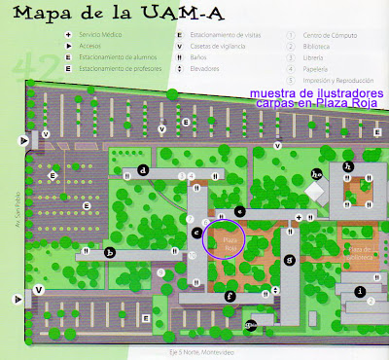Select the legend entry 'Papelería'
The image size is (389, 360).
point(313,68)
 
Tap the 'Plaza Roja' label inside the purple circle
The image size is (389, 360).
point(230,243)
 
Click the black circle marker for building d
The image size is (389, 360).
point(143,170)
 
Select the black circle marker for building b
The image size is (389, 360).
point(110,252)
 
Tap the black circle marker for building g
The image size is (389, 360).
point(288,260)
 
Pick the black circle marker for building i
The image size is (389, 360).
point(359,290)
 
